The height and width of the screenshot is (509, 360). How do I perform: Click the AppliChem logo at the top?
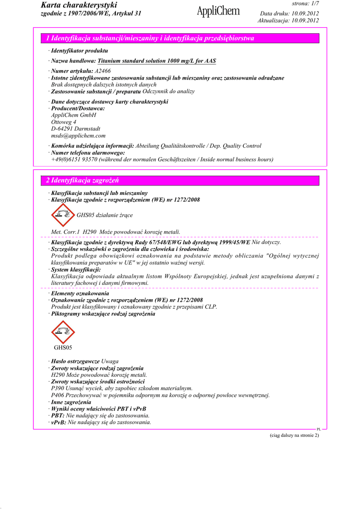coord(218,11)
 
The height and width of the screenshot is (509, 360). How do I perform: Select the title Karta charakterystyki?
coord(79,5)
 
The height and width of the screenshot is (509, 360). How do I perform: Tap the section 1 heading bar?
coord(179,38)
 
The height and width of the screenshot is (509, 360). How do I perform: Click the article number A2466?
coord(103,71)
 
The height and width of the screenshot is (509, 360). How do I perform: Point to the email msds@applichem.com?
coord(78,135)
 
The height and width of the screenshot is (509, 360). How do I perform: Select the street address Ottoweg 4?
coord(64,122)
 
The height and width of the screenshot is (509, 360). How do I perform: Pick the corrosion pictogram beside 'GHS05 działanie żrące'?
coord(63,215)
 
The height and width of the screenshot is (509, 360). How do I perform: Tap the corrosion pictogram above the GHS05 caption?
coord(63,332)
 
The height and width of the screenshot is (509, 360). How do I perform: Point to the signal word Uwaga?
coord(110,361)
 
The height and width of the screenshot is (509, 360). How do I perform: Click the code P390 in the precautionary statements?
coord(58,388)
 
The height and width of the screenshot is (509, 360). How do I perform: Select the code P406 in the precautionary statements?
coord(58,395)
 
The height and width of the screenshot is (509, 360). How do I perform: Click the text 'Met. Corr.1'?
coord(66,232)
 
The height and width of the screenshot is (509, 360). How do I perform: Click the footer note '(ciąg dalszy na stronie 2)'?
coord(291,435)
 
